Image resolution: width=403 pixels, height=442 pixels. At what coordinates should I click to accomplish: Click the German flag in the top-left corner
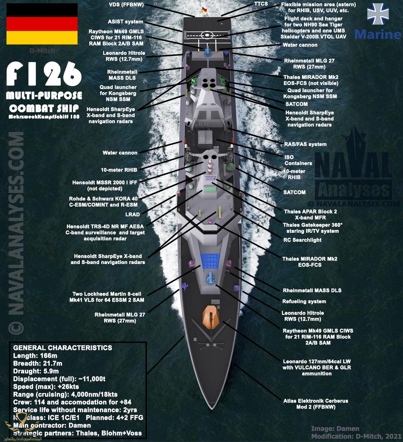42,24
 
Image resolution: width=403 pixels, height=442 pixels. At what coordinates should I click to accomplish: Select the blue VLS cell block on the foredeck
210,261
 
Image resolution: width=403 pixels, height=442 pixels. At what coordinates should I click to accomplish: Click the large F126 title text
44,75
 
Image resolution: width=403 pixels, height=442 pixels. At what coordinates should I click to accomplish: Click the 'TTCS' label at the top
261,4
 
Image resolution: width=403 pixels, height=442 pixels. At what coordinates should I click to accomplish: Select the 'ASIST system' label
125,22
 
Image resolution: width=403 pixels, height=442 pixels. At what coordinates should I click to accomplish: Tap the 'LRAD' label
133,214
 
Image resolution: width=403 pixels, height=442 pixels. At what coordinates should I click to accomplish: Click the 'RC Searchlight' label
302,240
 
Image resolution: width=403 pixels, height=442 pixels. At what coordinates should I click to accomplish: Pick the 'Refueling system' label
304,301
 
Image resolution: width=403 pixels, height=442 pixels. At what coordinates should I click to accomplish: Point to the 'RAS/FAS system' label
305,144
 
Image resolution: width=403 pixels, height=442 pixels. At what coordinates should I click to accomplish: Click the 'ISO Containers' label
298,160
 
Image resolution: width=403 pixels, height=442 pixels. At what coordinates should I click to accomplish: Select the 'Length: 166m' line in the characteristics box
35,356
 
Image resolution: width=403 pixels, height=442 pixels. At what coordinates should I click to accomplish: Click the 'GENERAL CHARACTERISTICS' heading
62,348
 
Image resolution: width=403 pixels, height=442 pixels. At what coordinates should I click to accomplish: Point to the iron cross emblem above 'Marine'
378,14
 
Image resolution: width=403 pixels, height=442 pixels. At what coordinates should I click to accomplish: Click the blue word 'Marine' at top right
377,34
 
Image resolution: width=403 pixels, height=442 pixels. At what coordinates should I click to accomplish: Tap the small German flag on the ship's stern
204,10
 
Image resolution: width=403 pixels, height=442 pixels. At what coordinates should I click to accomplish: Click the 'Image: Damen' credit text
335,428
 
